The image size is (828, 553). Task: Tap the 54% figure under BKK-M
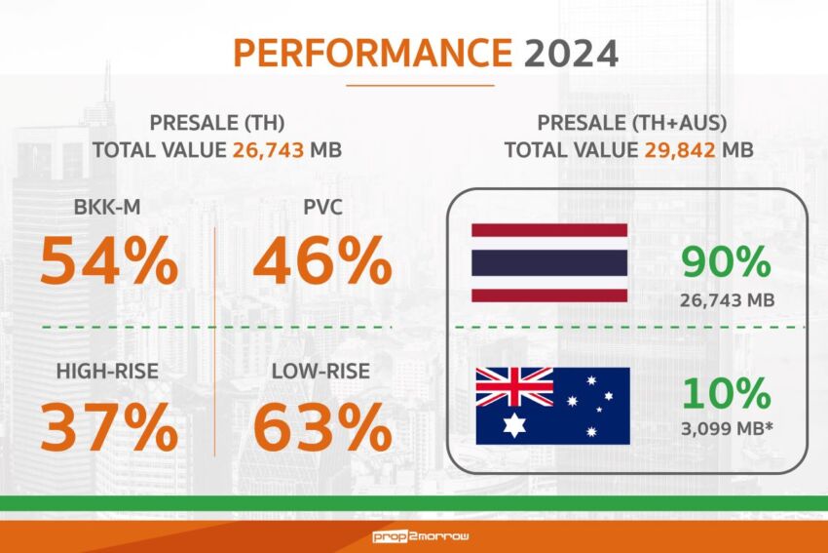109,261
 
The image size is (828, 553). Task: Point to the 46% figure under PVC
322,261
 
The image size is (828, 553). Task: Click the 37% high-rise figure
109,426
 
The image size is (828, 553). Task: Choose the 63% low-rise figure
322,426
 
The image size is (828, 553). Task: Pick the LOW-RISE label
322,372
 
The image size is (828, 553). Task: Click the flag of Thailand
549,262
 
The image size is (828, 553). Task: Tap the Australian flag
552,405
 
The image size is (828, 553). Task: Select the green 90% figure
726,262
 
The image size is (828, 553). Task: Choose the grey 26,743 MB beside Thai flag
726,300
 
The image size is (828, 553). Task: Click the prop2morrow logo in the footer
414,536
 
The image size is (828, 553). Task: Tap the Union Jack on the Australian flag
513,387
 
